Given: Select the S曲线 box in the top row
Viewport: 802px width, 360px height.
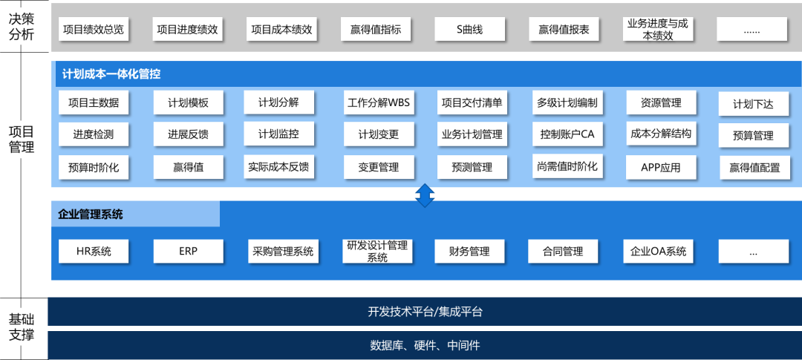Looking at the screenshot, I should click(469, 30).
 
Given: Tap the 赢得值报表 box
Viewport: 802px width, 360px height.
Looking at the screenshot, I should click(564, 30).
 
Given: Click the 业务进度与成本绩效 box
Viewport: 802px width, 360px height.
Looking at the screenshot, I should click(657, 30).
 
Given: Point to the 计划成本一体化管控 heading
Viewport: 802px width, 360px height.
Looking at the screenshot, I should click(111, 74).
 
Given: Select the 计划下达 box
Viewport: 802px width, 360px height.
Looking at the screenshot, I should click(753, 104).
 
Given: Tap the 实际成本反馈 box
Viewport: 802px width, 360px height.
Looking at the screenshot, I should click(278, 167).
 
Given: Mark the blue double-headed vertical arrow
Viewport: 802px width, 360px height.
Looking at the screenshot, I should click(424, 194).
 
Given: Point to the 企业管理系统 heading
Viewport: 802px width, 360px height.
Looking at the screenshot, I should click(91, 215).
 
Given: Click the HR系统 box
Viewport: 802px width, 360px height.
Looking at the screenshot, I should click(94, 251).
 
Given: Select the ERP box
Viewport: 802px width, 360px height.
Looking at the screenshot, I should click(189, 251).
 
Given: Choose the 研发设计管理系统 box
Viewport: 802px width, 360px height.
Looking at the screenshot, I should click(377, 251).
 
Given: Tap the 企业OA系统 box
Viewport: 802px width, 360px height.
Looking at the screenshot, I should click(658, 251).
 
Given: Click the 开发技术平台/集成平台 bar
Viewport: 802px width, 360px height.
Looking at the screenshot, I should click(425, 312).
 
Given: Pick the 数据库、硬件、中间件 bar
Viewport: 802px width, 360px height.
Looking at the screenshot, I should click(425, 345).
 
